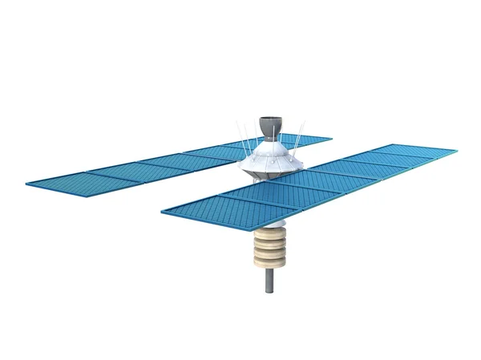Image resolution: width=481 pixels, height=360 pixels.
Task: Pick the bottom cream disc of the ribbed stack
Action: pos(270,261)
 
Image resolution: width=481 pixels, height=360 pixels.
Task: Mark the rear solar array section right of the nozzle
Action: pos(309,140)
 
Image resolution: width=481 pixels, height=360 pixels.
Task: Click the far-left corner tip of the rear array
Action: pos(26,184)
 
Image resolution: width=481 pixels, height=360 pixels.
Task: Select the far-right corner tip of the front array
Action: pos(458,149)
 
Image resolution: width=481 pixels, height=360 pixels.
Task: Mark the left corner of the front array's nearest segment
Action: pos(162,212)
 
